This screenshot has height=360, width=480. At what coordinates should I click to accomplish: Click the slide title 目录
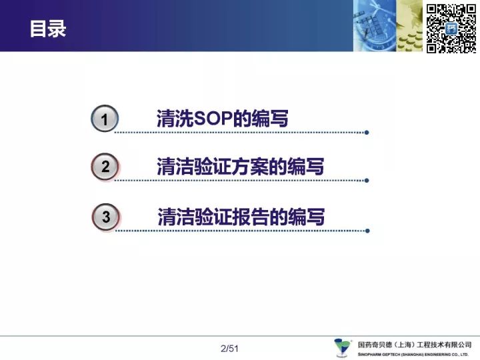[x=48, y=29]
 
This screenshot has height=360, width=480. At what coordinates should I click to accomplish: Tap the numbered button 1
[x=105, y=119]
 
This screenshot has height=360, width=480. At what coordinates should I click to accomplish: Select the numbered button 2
[x=105, y=167]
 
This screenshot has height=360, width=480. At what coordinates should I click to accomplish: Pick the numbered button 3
[x=105, y=217]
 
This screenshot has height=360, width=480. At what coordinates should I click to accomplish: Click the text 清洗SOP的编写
[x=223, y=118]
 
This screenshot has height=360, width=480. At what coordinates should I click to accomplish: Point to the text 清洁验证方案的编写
[x=240, y=167]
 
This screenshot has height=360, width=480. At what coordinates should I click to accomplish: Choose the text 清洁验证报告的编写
[x=241, y=217]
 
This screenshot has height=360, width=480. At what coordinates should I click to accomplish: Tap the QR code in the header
[x=451, y=29]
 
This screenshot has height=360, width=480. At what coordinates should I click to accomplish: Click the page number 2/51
[x=229, y=349]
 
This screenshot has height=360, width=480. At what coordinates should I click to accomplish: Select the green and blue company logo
[x=343, y=347]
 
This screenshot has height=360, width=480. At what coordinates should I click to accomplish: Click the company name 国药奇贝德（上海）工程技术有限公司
[x=415, y=345]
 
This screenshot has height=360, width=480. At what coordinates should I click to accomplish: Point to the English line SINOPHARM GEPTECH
[x=413, y=355]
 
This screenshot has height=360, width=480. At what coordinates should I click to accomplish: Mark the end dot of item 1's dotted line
[x=367, y=133]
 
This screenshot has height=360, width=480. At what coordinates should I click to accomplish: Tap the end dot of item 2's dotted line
[x=367, y=181]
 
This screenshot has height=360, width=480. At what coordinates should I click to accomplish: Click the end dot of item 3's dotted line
[x=367, y=231]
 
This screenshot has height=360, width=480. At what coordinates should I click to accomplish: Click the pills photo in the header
[x=409, y=26]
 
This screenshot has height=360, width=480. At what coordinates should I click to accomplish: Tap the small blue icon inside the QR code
[x=451, y=29]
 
